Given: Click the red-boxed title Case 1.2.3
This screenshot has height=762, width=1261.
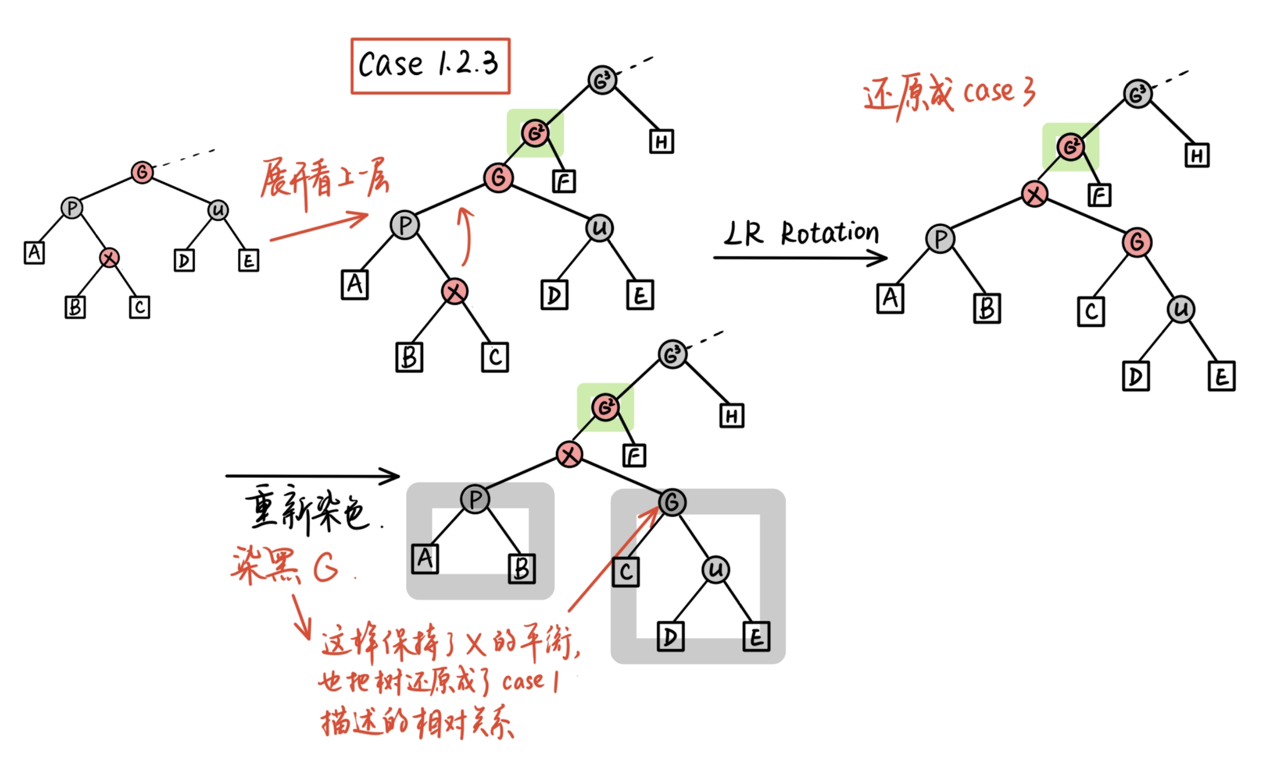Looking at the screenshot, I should point(430,65).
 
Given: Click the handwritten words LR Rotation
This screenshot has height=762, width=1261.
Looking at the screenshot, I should point(801,234).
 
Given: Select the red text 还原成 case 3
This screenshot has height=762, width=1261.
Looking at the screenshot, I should point(949,94).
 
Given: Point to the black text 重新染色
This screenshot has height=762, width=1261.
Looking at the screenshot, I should point(307,509).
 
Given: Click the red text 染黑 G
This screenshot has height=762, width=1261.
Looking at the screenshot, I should point(285,566).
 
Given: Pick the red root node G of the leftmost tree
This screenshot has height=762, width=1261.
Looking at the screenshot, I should point(142,173).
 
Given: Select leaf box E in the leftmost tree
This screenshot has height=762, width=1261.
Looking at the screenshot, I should point(248,261).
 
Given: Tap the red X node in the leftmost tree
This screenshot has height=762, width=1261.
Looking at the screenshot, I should point(109,258).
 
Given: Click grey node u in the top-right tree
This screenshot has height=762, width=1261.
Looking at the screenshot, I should point(1181,309).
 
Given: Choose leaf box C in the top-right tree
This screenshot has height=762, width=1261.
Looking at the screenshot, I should point(1091,312).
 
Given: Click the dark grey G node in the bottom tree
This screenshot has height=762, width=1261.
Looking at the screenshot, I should point(672,502).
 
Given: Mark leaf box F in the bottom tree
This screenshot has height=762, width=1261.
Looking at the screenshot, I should point(634,456).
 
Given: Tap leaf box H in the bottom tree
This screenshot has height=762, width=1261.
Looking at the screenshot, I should point(732,416).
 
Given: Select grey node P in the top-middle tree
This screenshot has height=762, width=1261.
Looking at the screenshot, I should point(405,225).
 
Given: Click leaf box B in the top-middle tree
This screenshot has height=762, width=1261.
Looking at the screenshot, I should point(409,357).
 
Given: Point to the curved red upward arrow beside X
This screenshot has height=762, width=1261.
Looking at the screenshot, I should point(466,236).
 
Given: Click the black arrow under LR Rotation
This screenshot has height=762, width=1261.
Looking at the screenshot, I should point(800,258).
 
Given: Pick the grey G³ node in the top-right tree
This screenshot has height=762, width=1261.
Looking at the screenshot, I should point(1137,95).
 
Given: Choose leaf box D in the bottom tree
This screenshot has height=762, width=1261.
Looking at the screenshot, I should point(670,637).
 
